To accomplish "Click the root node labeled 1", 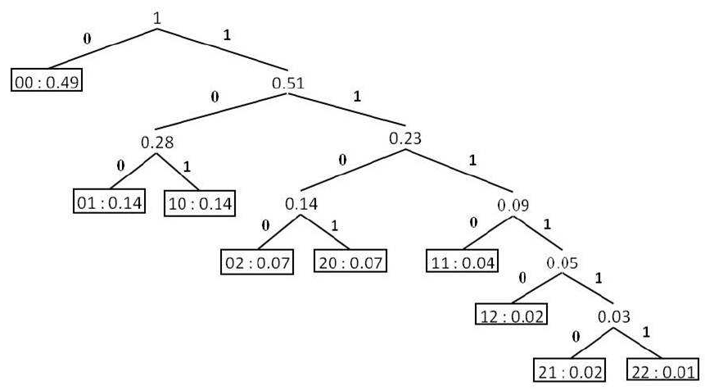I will [158, 16].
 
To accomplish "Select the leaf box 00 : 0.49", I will [47, 82].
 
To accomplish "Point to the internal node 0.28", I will [156, 143].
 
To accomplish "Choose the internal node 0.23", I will [404, 138].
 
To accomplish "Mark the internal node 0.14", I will [301, 202].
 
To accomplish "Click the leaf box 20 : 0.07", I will [351, 263].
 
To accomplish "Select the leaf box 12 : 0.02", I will [511, 315].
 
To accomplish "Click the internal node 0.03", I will [614, 315].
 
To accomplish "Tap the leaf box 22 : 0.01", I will [662, 370].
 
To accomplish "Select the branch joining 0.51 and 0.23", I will [348, 112].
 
